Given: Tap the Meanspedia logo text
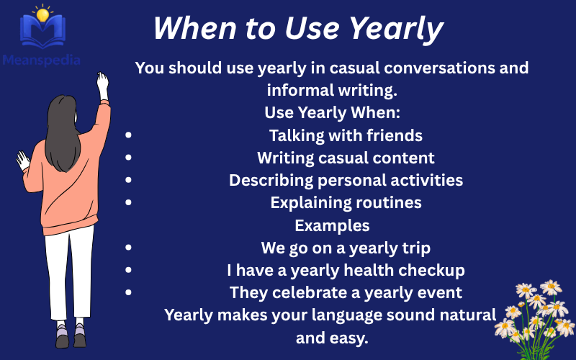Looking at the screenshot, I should pyautogui.click(x=41, y=60).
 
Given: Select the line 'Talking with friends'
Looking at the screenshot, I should pyautogui.click(x=346, y=135).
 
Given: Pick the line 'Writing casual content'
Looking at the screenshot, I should pyautogui.click(x=346, y=158).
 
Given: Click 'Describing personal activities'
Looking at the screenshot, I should pyautogui.click(x=346, y=180).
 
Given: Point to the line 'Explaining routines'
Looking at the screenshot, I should pyautogui.click(x=346, y=203).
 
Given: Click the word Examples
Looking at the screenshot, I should pyautogui.click(x=332, y=225).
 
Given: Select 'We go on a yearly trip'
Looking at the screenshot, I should pyautogui.click(x=346, y=248).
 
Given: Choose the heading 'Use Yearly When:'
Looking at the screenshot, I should pyautogui.click(x=332, y=113).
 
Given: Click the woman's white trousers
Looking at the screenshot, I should pyautogui.click(x=69, y=274).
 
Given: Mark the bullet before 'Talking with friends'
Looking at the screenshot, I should pyautogui.click(x=129, y=135).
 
